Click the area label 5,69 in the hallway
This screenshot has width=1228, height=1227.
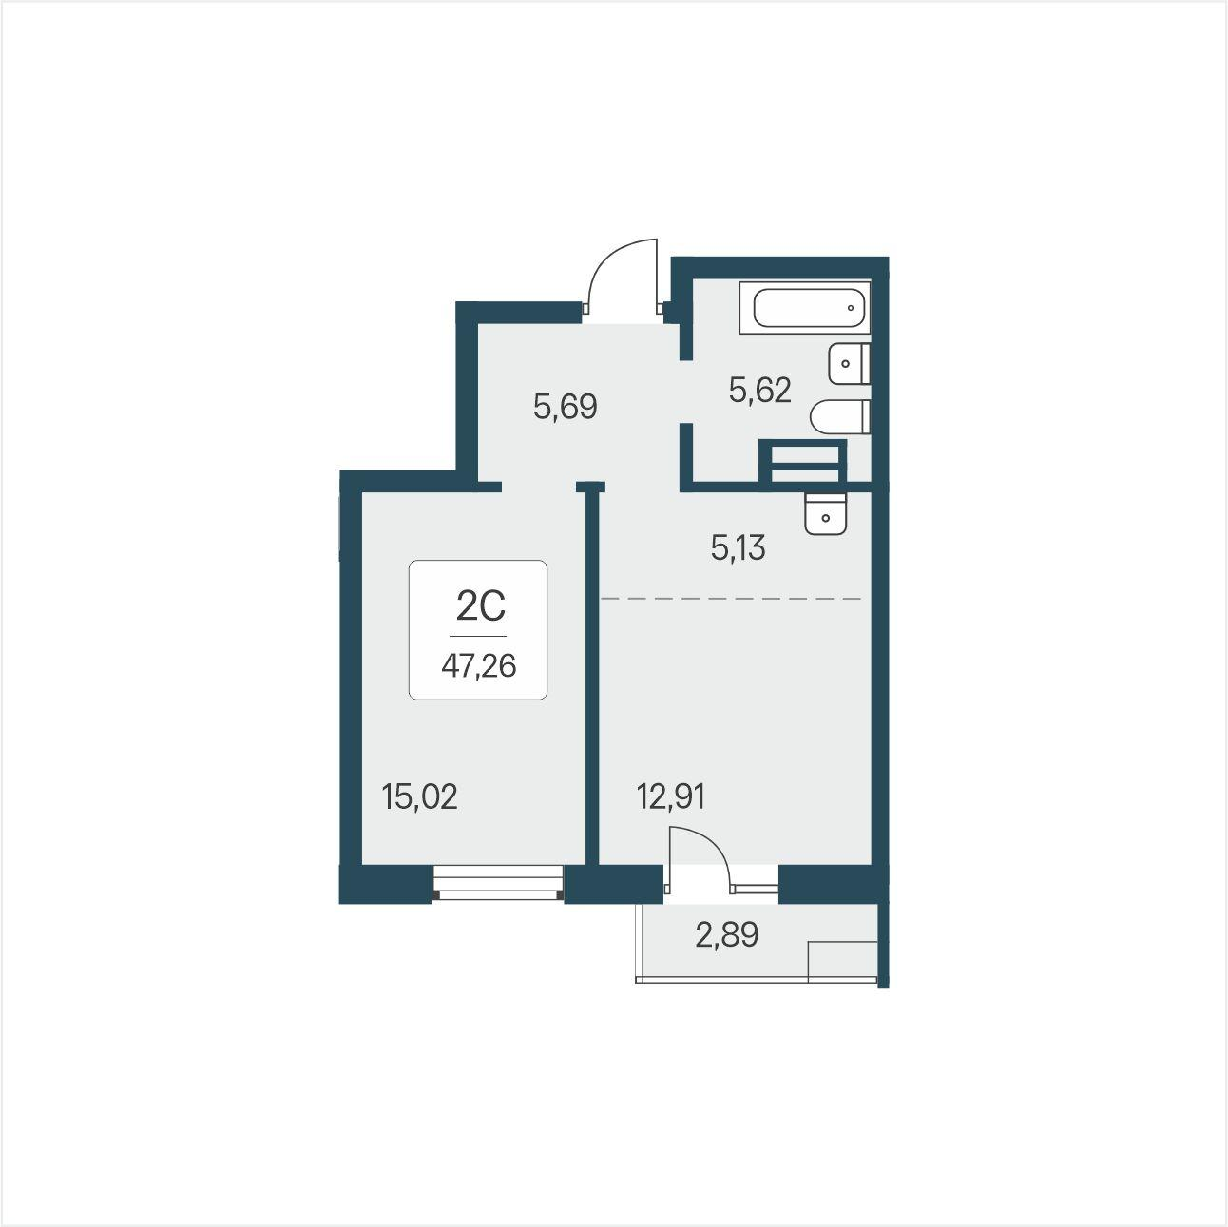(x=566, y=407)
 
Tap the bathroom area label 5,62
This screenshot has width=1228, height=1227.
(x=760, y=390)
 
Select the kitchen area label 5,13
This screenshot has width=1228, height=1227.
(x=738, y=547)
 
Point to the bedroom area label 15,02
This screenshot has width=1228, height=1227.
(x=419, y=796)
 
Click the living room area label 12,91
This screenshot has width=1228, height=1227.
(x=671, y=796)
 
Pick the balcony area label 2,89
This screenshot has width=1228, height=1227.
(x=726, y=935)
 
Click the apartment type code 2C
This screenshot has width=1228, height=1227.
(x=481, y=606)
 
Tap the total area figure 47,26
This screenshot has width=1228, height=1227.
(x=479, y=666)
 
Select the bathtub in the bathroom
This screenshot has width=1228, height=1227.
(x=805, y=308)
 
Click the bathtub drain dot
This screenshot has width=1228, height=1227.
(x=851, y=308)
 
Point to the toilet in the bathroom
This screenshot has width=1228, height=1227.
(x=840, y=416)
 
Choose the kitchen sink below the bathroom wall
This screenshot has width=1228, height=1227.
(x=825, y=513)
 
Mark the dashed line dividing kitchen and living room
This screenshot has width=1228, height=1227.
(x=731, y=599)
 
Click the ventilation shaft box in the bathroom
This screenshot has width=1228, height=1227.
(x=803, y=461)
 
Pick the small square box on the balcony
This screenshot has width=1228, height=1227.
(x=842, y=961)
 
